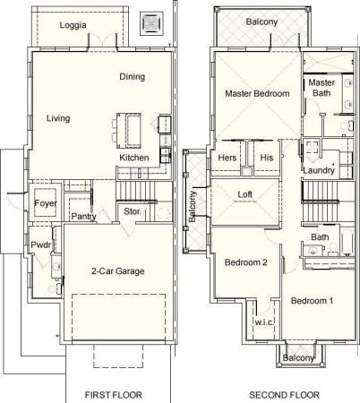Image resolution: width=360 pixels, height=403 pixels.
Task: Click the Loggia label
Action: click(x=73, y=25)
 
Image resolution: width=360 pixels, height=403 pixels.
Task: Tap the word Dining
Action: click(x=133, y=77)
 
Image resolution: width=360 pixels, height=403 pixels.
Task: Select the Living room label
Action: click(x=58, y=118)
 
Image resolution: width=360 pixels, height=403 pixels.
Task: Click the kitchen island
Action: click(x=129, y=131)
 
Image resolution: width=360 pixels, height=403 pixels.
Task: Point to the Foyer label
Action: click(x=46, y=203)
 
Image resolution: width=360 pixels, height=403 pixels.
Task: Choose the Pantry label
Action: click(x=83, y=217)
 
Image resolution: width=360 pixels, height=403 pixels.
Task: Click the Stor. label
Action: click(x=133, y=211)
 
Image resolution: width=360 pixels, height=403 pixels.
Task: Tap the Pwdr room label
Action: click(x=41, y=245)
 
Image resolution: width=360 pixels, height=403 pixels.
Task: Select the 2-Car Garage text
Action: click(x=118, y=271)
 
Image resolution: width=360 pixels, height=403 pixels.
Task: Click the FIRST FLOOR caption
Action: click(x=114, y=395)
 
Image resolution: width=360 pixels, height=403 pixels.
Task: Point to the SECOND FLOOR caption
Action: click(x=284, y=395)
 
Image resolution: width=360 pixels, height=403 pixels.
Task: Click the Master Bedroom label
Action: click(x=257, y=93)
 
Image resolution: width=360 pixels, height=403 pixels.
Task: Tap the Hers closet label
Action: click(x=227, y=158)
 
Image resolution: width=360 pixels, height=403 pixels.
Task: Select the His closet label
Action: click(x=267, y=158)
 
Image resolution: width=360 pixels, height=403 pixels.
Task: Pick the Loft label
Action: click(x=245, y=194)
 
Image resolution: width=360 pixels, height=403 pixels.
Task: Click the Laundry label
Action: click(x=319, y=170)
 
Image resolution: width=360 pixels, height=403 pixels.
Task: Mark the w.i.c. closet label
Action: click(x=264, y=322)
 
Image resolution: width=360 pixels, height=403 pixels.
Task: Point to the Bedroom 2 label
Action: click(x=245, y=262)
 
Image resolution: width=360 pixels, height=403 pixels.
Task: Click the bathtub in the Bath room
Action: click(x=347, y=242)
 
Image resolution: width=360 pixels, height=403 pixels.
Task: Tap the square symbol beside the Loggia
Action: click(x=151, y=23)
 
